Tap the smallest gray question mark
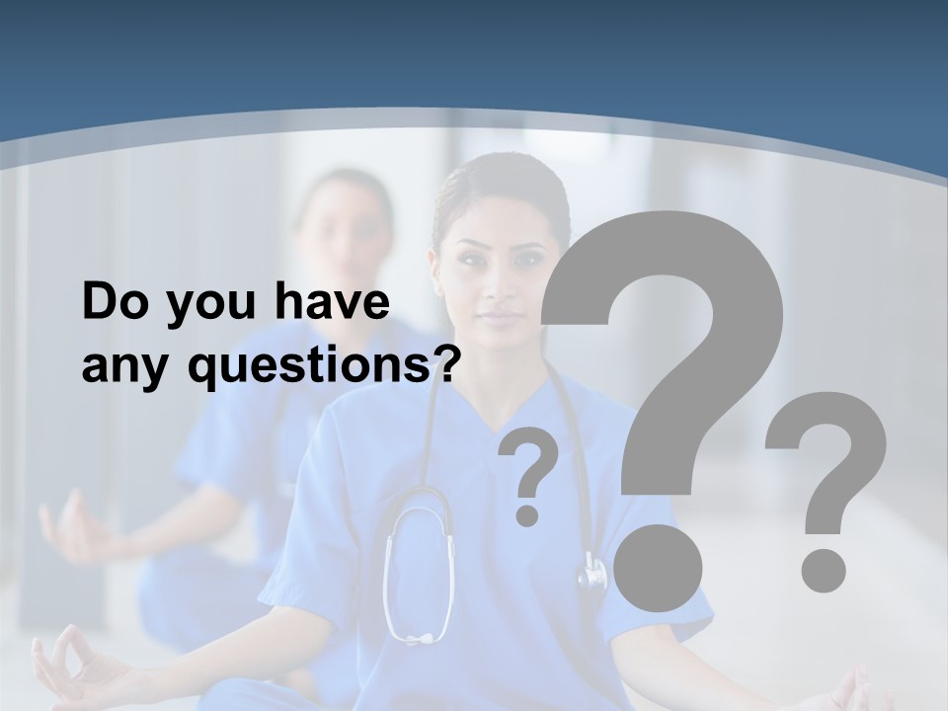coord(529,464)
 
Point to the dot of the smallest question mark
coord(527,513)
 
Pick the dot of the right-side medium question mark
coord(823,570)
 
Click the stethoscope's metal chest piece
coord(592,573)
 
